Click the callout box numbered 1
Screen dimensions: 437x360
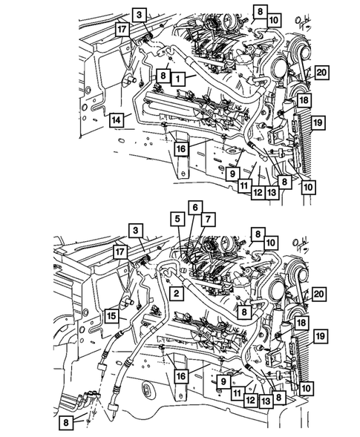(x=178, y=76)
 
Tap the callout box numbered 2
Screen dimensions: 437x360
(x=178, y=295)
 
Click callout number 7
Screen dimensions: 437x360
(x=209, y=219)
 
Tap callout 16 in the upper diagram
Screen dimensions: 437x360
(x=180, y=149)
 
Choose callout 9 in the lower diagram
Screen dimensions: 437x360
(x=222, y=381)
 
